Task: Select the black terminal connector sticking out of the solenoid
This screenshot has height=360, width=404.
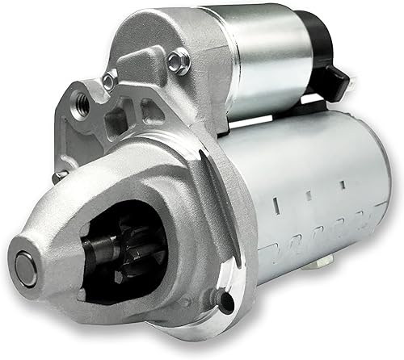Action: point(338,78)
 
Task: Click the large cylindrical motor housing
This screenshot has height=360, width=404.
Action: point(315,194)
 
